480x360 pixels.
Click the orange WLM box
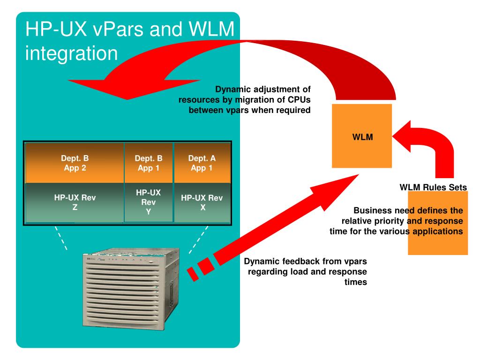coord(361,136)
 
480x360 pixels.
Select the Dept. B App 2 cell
coord(75,162)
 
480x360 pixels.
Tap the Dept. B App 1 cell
coord(149,162)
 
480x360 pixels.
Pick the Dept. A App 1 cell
coord(202,162)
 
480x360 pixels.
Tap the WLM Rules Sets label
coord(433,187)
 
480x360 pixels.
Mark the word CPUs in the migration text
coord(298,100)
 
